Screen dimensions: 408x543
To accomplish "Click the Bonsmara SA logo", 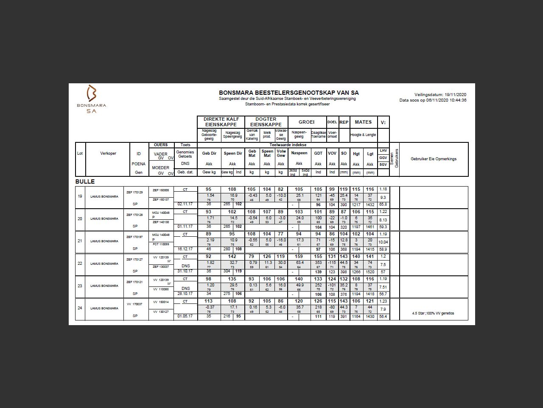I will [92, 99].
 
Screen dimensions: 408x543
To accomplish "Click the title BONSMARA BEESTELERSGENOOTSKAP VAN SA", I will [288, 93].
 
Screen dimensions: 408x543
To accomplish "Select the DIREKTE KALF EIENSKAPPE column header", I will [221, 122].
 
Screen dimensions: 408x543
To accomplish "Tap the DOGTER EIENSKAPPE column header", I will [266, 122].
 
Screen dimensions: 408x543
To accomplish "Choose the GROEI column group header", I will [306, 122].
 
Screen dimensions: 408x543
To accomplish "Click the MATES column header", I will [363, 122].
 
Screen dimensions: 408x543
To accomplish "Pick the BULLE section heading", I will [85, 181].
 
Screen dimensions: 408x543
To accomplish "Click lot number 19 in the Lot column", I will [80, 196].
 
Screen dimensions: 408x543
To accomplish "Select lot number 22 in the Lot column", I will [80, 263].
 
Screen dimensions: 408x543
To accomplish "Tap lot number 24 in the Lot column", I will [80, 308].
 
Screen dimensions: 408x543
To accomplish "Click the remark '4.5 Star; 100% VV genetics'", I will [433, 313].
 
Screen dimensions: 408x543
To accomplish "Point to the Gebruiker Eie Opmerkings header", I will [433, 159].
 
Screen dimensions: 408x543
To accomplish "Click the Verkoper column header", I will [108, 153].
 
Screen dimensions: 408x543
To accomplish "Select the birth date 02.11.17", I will [185, 204].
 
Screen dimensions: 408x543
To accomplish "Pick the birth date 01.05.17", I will [185, 316].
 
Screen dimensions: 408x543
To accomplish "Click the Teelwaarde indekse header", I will [288, 145].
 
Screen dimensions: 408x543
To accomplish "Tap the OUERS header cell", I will [161, 145].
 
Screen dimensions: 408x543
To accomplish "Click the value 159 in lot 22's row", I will [299, 256].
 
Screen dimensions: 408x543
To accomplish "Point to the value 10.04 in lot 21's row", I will [383, 242].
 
